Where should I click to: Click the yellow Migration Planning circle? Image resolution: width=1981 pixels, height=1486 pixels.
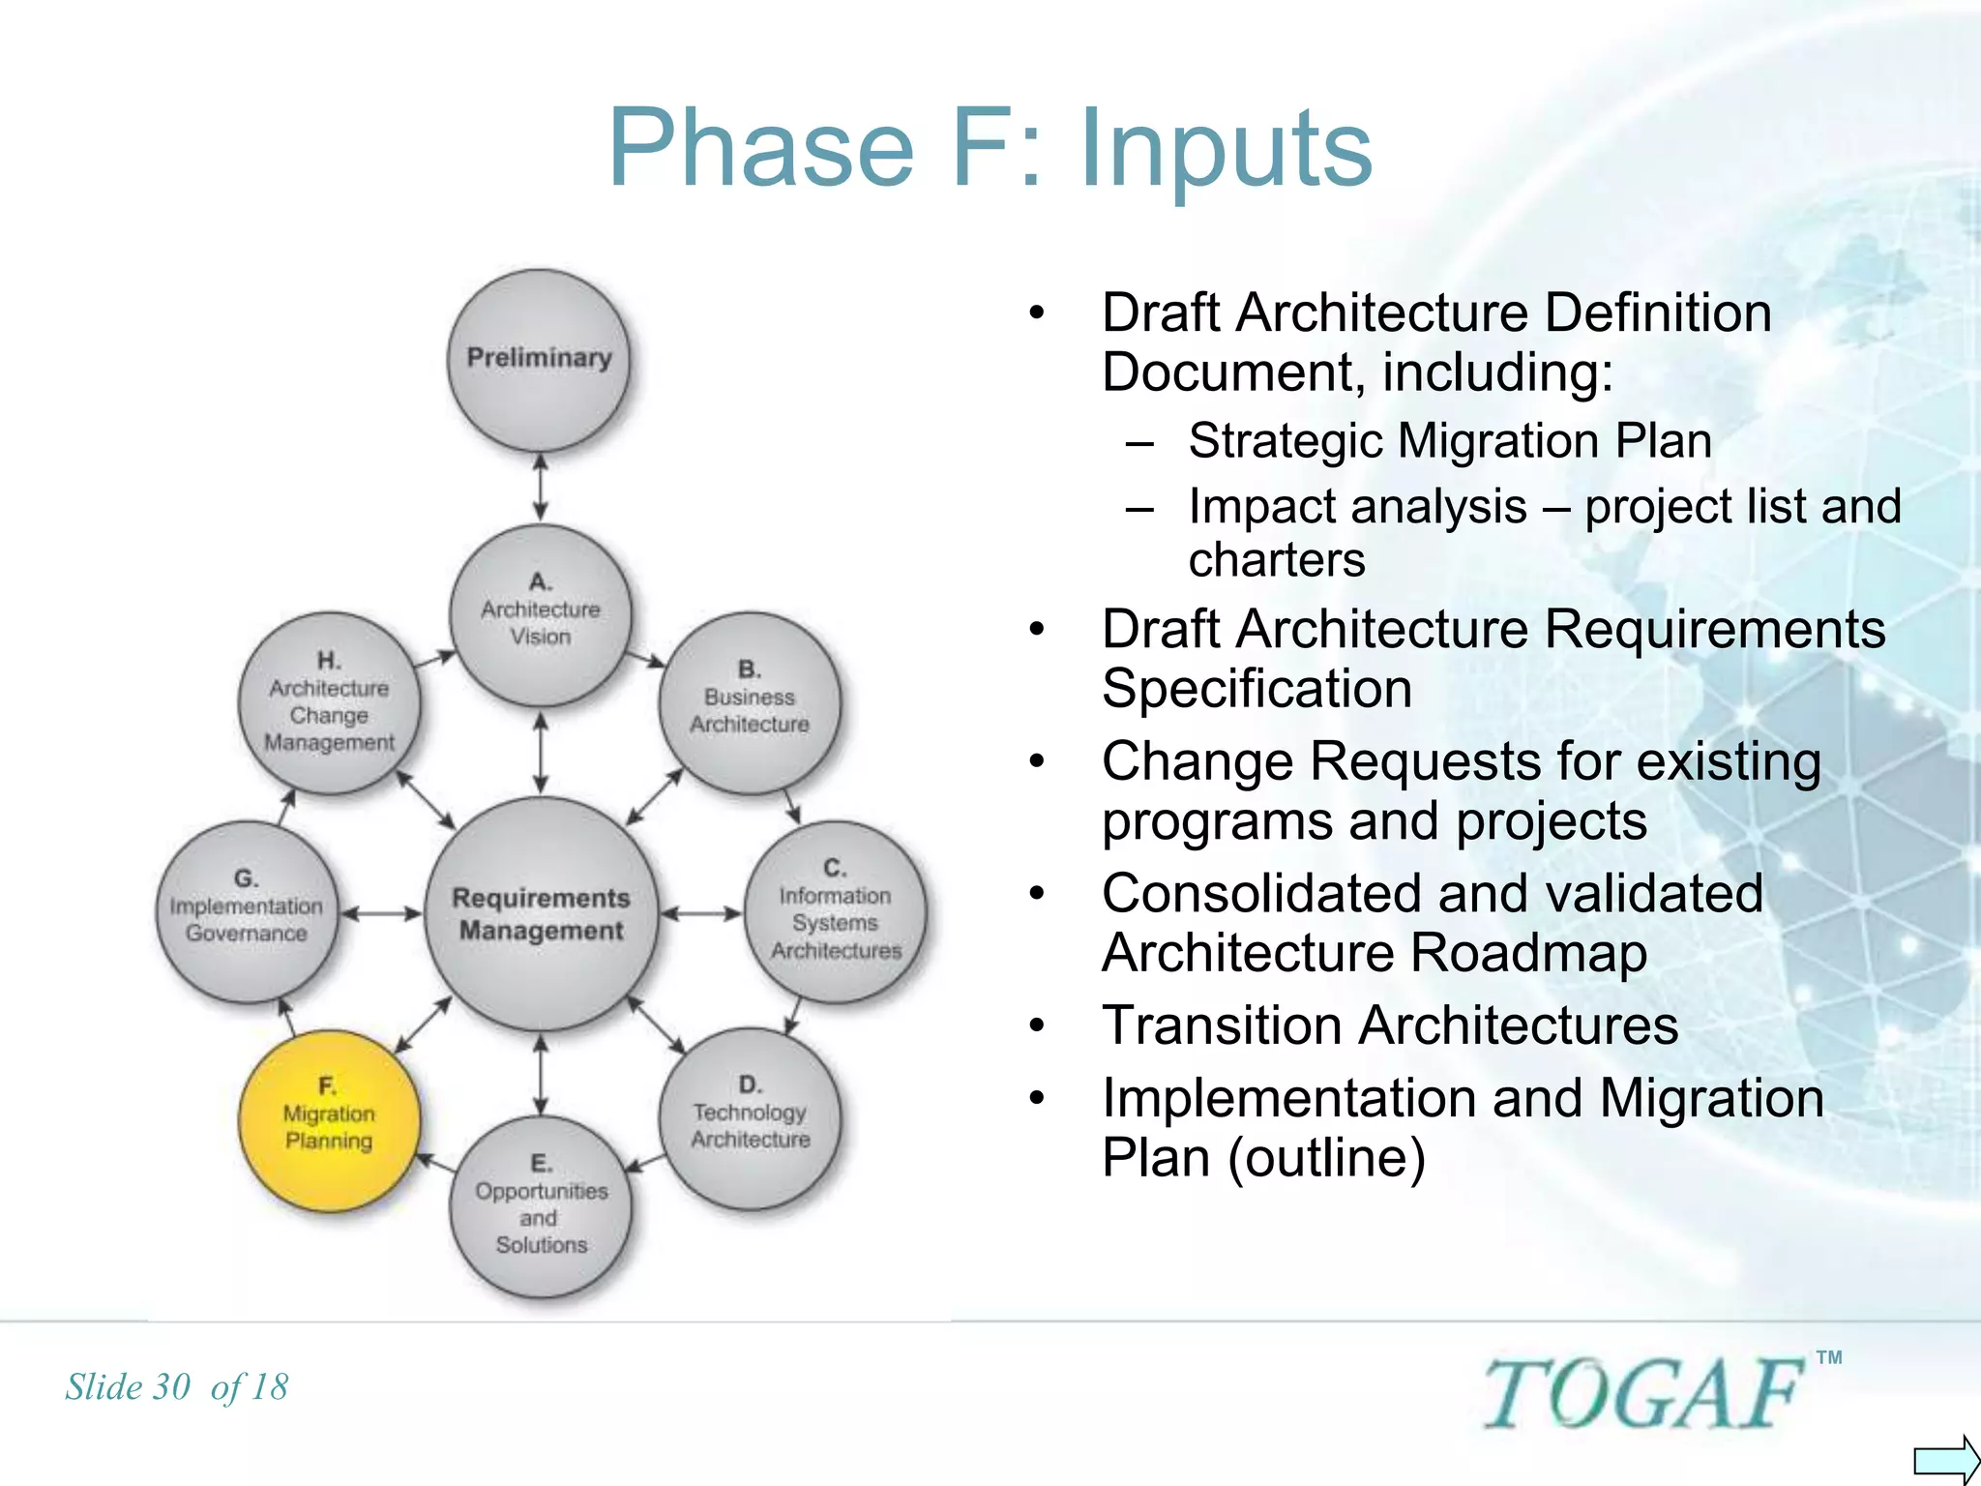[329, 1120]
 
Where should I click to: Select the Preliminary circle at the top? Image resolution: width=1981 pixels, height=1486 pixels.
[539, 359]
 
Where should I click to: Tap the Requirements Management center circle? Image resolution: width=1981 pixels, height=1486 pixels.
[541, 913]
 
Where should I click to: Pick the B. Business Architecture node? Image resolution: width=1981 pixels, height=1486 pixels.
[749, 701]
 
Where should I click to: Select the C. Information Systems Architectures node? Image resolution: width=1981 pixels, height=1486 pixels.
[835, 912]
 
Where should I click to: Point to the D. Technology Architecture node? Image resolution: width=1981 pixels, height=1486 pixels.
[750, 1117]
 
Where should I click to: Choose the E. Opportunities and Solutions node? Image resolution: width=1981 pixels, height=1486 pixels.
[541, 1206]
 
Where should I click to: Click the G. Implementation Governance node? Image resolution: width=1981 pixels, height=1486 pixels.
[247, 911]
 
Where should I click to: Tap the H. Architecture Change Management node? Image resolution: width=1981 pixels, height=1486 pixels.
[329, 703]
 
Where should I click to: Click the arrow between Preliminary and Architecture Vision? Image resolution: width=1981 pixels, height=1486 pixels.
[541, 488]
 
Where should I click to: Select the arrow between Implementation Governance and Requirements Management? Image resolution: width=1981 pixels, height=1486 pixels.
[382, 912]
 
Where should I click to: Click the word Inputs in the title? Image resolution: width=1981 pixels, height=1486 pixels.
[1226, 148]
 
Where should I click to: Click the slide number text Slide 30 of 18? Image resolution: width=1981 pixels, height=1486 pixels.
[177, 1387]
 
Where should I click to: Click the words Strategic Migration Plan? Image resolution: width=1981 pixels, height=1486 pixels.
[1449, 441]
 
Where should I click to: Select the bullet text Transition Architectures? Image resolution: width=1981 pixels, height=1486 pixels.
[1389, 1025]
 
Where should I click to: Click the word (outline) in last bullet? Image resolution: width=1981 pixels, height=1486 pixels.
[1326, 1158]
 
